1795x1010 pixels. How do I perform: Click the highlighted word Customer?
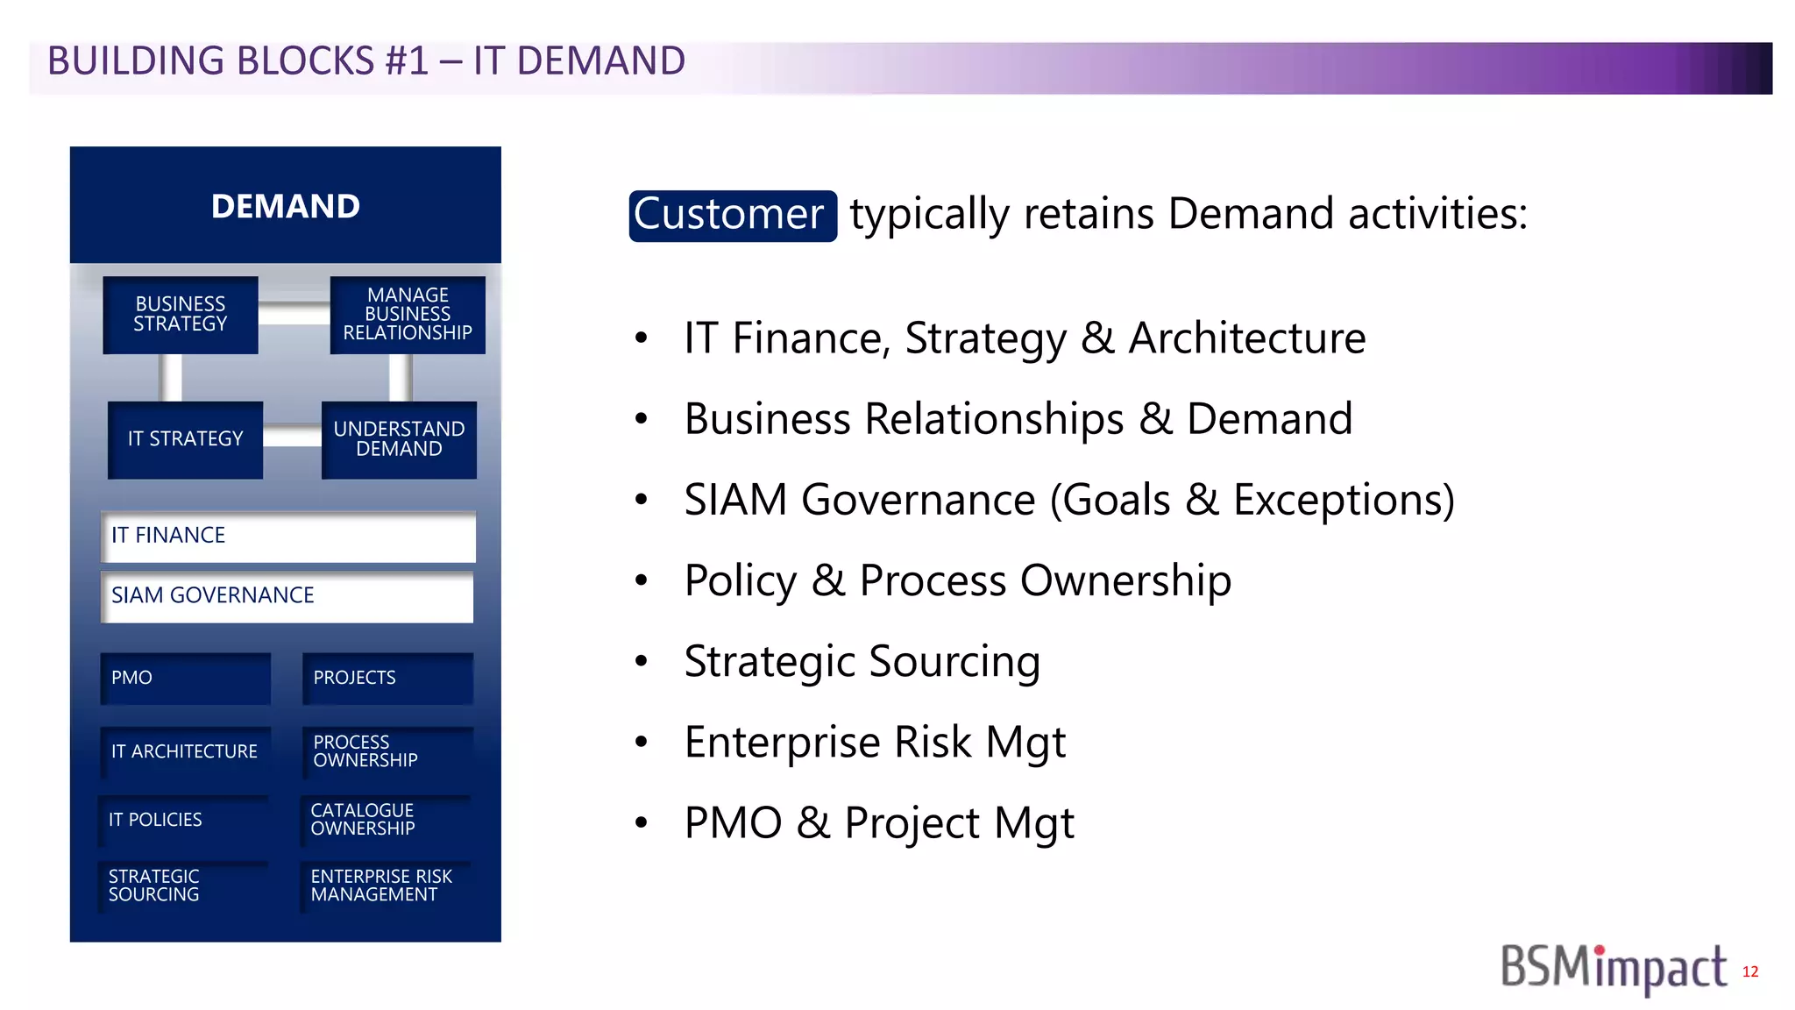pos(732,215)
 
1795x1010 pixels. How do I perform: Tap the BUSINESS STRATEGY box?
pos(181,315)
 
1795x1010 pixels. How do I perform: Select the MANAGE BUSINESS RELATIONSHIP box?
pos(408,315)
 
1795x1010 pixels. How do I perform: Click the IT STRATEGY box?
pos(185,439)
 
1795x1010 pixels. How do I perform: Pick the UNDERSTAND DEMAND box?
pos(399,439)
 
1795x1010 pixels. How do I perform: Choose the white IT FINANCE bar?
pos(288,536)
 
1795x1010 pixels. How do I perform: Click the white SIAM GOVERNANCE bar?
pos(287,596)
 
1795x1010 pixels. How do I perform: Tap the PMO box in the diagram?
pos(185,678)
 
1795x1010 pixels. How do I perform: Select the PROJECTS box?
pos(387,678)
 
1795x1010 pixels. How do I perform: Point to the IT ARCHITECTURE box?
pos(185,751)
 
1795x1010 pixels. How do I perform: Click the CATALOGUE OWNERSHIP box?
pos(386,820)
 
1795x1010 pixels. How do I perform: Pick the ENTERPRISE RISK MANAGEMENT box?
pos(386,886)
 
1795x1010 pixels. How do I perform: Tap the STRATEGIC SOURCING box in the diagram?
pos(182,886)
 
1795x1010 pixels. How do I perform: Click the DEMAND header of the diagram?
pos(286,206)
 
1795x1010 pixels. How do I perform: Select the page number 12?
pos(1750,971)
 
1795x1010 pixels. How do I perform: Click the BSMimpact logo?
pos(1613,968)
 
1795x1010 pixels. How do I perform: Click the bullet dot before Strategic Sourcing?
pos(642,661)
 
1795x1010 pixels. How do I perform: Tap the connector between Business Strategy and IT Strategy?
pos(170,377)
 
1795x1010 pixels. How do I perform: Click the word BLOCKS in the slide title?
pos(305,61)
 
